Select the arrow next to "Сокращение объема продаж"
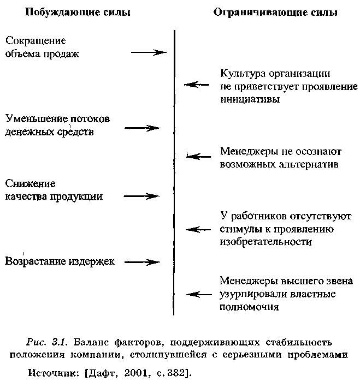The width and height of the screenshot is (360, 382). pos(148,52)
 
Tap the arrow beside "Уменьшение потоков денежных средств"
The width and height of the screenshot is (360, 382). pos(142,128)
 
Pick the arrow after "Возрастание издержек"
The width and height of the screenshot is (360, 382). pos(142,262)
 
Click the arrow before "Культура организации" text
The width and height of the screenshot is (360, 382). pos(197,85)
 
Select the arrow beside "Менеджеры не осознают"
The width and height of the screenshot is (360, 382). pos(198,157)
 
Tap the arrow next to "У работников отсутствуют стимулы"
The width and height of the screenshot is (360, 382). pos(198,229)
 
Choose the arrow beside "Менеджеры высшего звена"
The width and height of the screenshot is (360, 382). pos(198,295)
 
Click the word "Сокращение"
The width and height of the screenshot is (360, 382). pos(36,41)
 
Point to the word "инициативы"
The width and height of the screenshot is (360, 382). pos(251,99)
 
